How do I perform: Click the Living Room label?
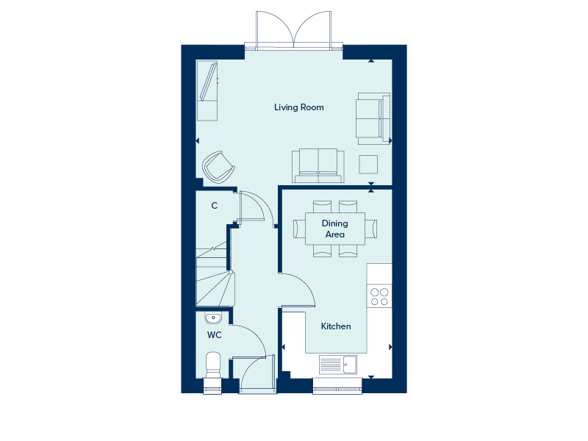pos(299,107)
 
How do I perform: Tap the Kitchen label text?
pos(336,326)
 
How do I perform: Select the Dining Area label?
pos(335,229)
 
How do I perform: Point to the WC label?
pos(215,335)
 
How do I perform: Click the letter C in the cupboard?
pos(215,206)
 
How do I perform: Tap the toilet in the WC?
pos(213,365)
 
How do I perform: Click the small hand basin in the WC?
pos(213,318)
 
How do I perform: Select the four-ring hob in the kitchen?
pos(379,296)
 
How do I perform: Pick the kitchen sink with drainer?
pos(338,364)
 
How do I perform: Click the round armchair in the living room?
pos(218,168)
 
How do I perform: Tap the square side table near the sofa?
pos(368,164)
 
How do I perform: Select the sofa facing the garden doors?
pos(318,165)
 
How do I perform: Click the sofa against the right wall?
pos(373,118)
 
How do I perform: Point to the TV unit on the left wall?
pos(207,90)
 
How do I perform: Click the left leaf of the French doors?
pos(275,30)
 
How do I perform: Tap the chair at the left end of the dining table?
pos(299,229)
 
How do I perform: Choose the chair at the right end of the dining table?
pos(371,229)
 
